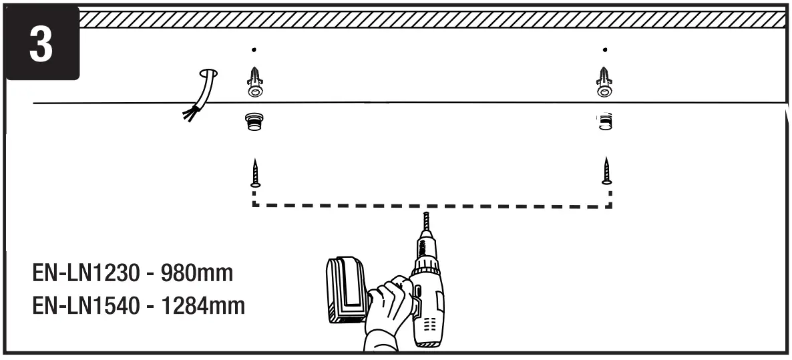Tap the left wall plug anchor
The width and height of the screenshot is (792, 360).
point(255,82)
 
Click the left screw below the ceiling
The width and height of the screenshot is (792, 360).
point(255,173)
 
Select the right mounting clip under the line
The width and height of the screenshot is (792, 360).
point(604,122)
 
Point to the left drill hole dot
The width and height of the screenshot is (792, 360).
point(255,49)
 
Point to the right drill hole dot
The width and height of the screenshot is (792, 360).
point(604,49)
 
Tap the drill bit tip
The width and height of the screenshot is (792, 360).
point(425,215)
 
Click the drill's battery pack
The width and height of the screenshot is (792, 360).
point(347,290)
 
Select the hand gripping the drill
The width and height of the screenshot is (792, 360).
point(391,304)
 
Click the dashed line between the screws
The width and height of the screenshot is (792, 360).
point(431,205)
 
